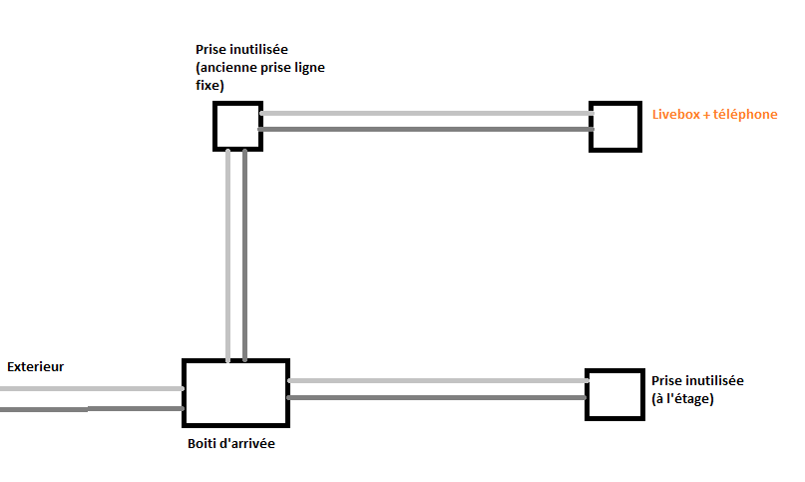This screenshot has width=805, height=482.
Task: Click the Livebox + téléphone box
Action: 614,126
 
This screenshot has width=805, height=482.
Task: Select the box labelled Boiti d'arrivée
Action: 235,392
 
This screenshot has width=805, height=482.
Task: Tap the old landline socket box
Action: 237,126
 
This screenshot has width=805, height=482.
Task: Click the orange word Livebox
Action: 675,115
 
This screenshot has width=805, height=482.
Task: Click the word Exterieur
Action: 35,366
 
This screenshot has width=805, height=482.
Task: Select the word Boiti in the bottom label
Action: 201,444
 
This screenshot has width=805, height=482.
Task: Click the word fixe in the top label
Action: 209,86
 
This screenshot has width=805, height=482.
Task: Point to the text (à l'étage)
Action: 683,398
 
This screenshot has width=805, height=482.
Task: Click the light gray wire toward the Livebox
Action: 425,114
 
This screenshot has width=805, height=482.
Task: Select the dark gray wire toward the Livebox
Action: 425,130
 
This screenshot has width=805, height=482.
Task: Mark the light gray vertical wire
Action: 229,254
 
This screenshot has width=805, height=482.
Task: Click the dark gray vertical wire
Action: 244,254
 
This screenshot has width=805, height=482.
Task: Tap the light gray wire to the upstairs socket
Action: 437,380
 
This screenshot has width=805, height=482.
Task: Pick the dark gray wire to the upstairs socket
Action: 437,398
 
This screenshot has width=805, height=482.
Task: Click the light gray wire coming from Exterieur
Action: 90,389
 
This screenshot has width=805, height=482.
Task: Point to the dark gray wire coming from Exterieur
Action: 90,409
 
